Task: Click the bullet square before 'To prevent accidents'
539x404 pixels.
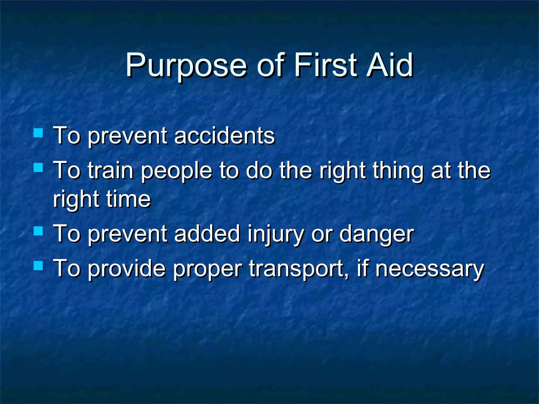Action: pyautogui.click(x=38, y=133)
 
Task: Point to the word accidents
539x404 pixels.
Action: pyautogui.click(x=224, y=136)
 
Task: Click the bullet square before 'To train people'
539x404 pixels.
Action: pyautogui.click(x=38, y=167)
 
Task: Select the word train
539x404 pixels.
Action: pyautogui.click(x=111, y=171)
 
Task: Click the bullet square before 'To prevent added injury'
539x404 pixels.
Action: pyautogui.click(x=38, y=231)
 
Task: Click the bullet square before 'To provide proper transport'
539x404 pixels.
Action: pyautogui.click(x=38, y=266)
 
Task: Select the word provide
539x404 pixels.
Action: pyautogui.click(x=127, y=269)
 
